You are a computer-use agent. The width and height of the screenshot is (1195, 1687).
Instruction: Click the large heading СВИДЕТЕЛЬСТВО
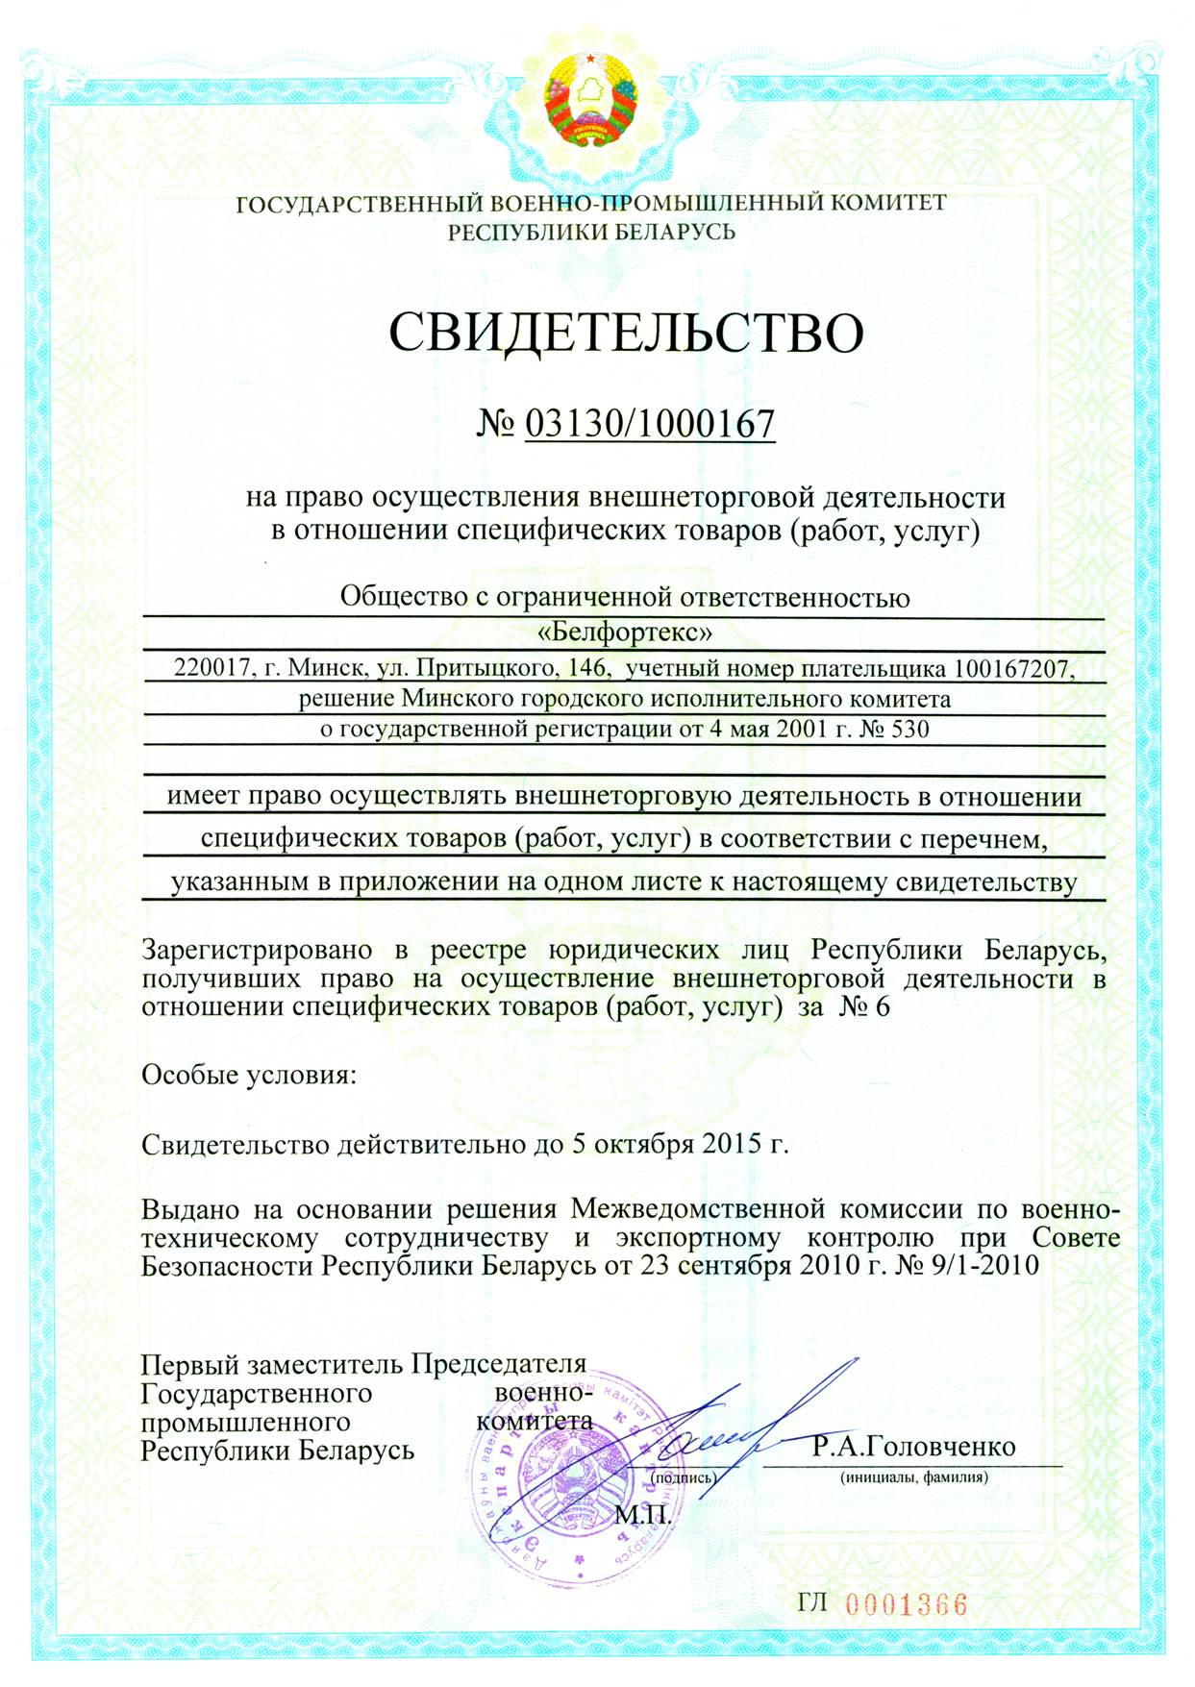[626, 333]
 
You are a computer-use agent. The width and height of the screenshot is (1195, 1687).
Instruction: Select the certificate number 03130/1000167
[650, 423]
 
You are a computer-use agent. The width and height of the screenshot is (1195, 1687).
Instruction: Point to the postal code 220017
[211, 667]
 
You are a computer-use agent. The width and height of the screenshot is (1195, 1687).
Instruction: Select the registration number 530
[910, 729]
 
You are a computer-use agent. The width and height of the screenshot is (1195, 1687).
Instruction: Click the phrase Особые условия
[248, 1074]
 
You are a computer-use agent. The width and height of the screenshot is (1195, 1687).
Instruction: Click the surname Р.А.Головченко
[913, 1446]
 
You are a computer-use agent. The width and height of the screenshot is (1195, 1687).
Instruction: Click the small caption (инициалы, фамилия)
[913, 1477]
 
